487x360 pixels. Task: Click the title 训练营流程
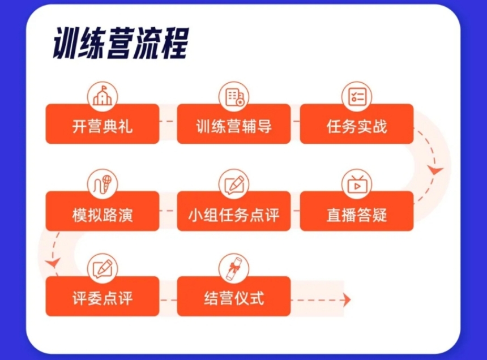pyautogui.click(x=121, y=43)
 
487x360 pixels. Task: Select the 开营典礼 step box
pyautogui.click(x=102, y=124)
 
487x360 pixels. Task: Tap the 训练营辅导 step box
pyautogui.click(x=234, y=124)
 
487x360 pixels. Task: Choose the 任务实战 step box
pyautogui.click(x=357, y=124)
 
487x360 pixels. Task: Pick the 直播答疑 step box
pyautogui.click(x=357, y=211)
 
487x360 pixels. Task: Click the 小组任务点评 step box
pyautogui.click(x=234, y=211)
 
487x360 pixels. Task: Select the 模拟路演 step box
pyautogui.click(x=102, y=211)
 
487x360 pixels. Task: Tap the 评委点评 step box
pyautogui.click(x=102, y=297)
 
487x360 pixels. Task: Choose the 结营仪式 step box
pyautogui.click(x=234, y=297)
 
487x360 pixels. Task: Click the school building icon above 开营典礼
pyautogui.click(x=102, y=97)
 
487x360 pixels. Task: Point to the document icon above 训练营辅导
pyautogui.click(x=234, y=97)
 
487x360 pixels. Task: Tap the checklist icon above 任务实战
pyautogui.click(x=357, y=97)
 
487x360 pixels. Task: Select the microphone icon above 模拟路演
pyautogui.click(x=102, y=184)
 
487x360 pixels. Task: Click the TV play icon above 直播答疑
pyautogui.click(x=357, y=184)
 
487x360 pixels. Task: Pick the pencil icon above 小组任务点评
pyautogui.click(x=234, y=184)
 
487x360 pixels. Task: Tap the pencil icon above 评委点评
pyautogui.click(x=102, y=269)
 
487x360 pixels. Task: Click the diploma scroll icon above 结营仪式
pyautogui.click(x=234, y=269)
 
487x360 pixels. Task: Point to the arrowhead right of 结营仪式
pyautogui.click(x=347, y=300)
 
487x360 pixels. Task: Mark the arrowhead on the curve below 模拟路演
pyautogui.click(x=53, y=263)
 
